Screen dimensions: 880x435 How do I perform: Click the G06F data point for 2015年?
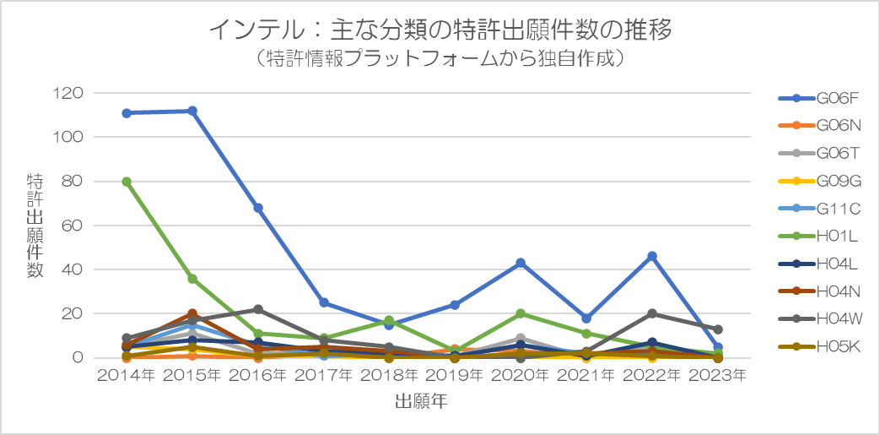coord(192,111)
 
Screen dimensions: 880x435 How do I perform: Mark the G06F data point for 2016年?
coord(258,208)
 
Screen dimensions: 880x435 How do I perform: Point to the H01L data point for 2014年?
coord(127,182)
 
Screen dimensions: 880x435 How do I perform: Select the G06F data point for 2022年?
coord(652,256)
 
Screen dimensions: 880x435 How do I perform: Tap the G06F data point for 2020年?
coord(521,263)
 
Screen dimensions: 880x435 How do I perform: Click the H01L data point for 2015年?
coord(192,279)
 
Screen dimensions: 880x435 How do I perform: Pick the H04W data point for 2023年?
coord(718,329)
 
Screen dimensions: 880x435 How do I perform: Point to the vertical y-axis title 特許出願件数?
coord(35,226)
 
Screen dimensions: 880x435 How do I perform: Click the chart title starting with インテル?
coord(440,30)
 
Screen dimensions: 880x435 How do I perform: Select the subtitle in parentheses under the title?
coord(440,59)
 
